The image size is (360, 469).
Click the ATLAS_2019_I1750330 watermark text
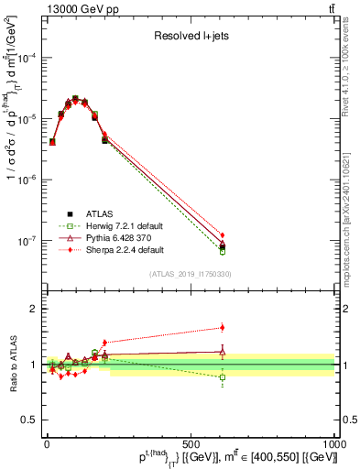(x=191, y=273)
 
